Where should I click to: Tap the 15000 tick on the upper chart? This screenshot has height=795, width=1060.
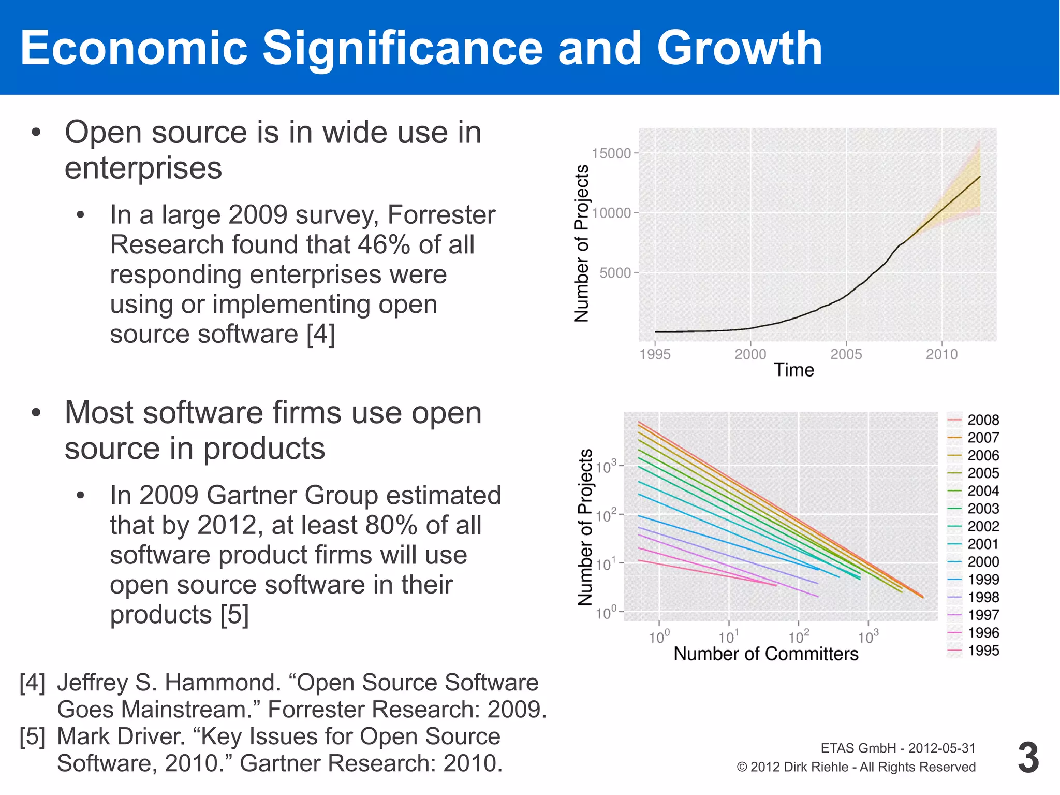coord(611,153)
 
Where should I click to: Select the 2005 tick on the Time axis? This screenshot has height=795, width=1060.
coord(846,354)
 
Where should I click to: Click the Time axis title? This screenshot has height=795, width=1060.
coord(793,370)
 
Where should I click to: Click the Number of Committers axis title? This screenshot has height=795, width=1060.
coord(765,654)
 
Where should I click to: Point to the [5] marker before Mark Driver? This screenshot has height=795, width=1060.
coord(32,736)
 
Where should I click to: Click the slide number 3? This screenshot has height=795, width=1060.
coord(1028,758)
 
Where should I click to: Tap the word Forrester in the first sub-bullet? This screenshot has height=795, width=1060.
coord(441,214)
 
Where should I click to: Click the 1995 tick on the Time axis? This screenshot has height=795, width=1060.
coord(655,354)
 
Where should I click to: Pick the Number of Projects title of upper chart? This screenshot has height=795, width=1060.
coord(582,243)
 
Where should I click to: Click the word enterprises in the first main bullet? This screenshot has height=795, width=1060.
coord(143,168)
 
